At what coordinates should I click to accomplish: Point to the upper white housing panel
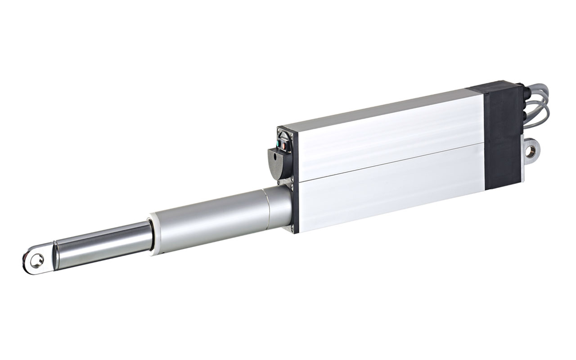[387, 135]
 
